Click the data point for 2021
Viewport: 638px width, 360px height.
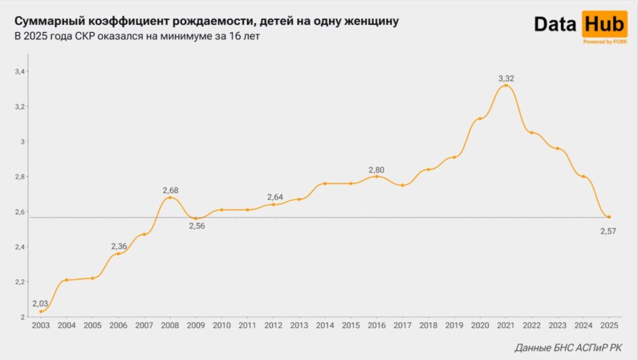[506, 85]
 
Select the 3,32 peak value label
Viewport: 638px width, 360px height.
[506, 78]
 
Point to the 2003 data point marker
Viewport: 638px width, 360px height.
[41, 311]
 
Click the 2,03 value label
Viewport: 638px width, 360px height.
[40, 303]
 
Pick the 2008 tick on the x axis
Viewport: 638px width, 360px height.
[169, 326]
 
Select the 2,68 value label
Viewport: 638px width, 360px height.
[170, 190]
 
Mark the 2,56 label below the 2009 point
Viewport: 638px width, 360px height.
[196, 226]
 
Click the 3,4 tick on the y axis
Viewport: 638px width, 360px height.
[21, 72]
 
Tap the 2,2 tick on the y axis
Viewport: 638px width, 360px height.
[21, 282]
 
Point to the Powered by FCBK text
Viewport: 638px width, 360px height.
[604, 42]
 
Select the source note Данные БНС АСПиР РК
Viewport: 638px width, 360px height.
[568, 348]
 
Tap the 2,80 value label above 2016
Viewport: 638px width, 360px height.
[377, 169]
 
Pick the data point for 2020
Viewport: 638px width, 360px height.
[480, 118]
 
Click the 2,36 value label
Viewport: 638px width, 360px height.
[119, 247]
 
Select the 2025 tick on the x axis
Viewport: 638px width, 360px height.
[609, 326]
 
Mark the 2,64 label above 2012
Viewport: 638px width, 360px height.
[274, 197]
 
